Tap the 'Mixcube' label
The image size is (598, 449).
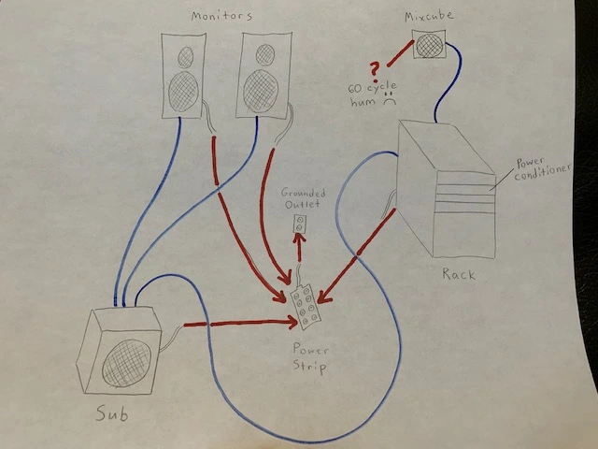click(428, 18)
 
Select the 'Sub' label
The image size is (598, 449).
click(114, 413)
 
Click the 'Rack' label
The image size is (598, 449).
click(459, 274)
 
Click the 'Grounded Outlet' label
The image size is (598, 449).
click(301, 199)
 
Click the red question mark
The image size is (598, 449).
click(376, 70)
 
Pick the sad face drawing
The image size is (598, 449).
click(387, 104)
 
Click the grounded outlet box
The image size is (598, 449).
click(301, 224)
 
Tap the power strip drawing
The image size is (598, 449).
click(306, 306)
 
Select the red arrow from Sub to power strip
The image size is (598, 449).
click(237, 325)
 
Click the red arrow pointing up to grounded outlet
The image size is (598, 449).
click(300, 250)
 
